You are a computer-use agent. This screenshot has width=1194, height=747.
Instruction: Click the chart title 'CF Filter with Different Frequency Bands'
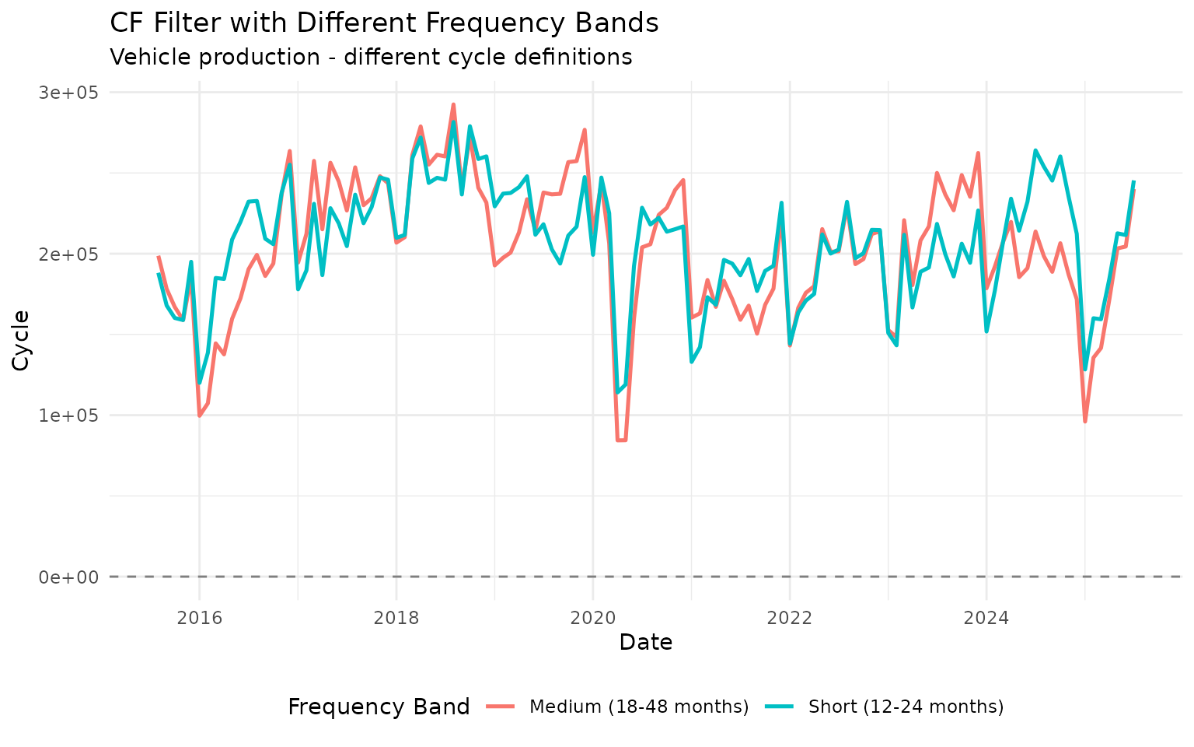tap(384, 23)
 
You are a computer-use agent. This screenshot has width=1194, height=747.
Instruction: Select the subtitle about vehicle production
tap(371, 58)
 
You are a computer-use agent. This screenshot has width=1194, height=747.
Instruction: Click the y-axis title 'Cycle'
tap(22, 340)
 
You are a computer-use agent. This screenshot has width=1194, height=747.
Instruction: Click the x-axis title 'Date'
tap(645, 643)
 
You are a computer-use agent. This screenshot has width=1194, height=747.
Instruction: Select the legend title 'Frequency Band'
tap(379, 707)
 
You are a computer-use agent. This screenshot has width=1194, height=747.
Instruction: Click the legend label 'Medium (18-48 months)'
tap(639, 707)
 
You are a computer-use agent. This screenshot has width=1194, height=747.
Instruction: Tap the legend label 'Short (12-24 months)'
tap(906, 707)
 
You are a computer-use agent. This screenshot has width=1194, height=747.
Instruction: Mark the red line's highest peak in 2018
tap(453, 104)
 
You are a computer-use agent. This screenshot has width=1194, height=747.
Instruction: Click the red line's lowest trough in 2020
tap(621, 440)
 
